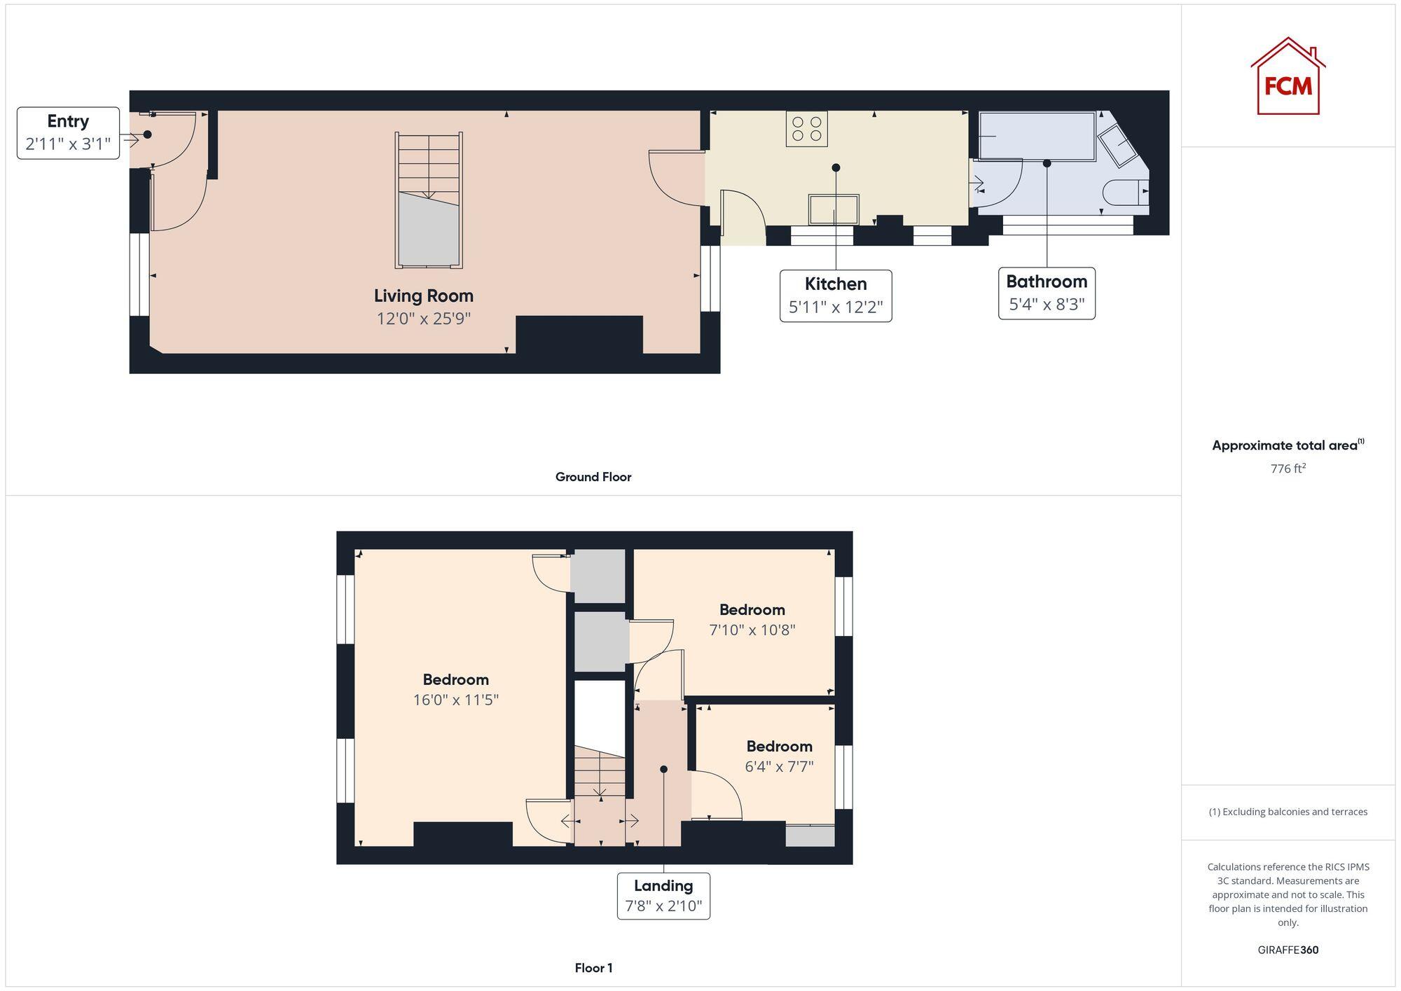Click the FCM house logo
(x=1288, y=77)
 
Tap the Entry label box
(x=68, y=133)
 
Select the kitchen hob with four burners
(x=806, y=129)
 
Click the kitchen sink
(x=834, y=209)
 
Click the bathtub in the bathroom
(x=1037, y=136)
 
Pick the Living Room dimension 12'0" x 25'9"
(x=423, y=319)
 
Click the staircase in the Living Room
(x=429, y=200)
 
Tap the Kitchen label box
(x=836, y=296)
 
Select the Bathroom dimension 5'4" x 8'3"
(x=1047, y=305)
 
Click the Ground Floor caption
(x=593, y=477)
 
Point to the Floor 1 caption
(x=593, y=968)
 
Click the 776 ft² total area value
(x=1288, y=469)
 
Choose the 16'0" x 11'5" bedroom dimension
(x=455, y=700)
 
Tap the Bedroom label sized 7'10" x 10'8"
(x=752, y=609)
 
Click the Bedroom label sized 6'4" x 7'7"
(x=779, y=746)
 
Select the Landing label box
(x=663, y=896)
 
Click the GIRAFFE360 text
(x=1288, y=950)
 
